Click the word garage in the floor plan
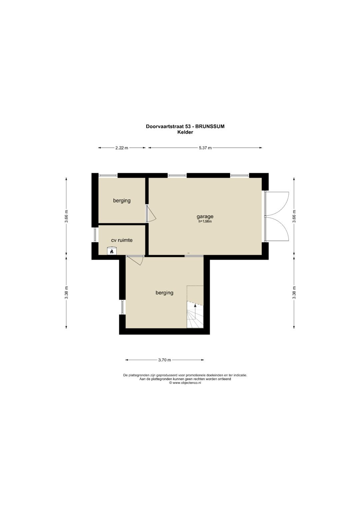[205, 217]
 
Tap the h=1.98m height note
[205, 222]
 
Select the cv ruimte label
[122, 240]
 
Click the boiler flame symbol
[112, 251]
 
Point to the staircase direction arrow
[195, 309]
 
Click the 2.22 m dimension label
[122, 148]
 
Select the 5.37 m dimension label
[205, 148]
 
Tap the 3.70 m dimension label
[164, 360]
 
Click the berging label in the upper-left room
[122, 201]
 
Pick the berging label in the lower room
[164, 293]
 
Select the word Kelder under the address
[185, 132]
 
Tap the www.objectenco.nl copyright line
[185, 383]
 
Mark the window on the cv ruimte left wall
[95, 235]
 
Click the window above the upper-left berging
[108, 175]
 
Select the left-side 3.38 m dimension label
[66, 293]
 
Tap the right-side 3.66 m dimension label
[294, 216]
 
